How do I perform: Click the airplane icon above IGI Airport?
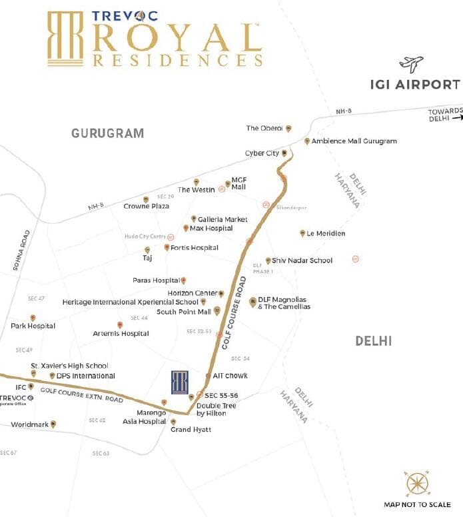pyautogui.click(x=411, y=64)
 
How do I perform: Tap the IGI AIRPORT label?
pyautogui.click(x=415, y=85)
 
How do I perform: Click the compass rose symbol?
pyautogui.click(x=414, y=483)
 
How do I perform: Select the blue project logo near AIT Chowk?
pyautogui.click(x=180, y=382)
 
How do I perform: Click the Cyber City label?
pyautogui.click(x=262, y=153)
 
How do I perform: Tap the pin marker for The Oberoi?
pyautogui.click(x=288, y=129)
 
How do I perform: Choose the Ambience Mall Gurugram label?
pyautogui.click(x=354, y=141)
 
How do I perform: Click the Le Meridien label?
pyautogui.click(x=326, y=233)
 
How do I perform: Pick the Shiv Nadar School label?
pyautogui.click(x=303, y=260)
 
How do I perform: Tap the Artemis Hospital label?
pyautogui.click(x=121, y=333)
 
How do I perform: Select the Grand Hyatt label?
pyautogui.click(x=191, y=430)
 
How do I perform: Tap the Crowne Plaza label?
pyautogui.click(x=147, y=207)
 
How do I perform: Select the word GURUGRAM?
pyautogui.click(x=107, y=133)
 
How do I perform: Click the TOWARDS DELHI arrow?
pyautogui.click(x=457, y=118)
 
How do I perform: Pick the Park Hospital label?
pyautogui.click(x=33, y=326)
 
